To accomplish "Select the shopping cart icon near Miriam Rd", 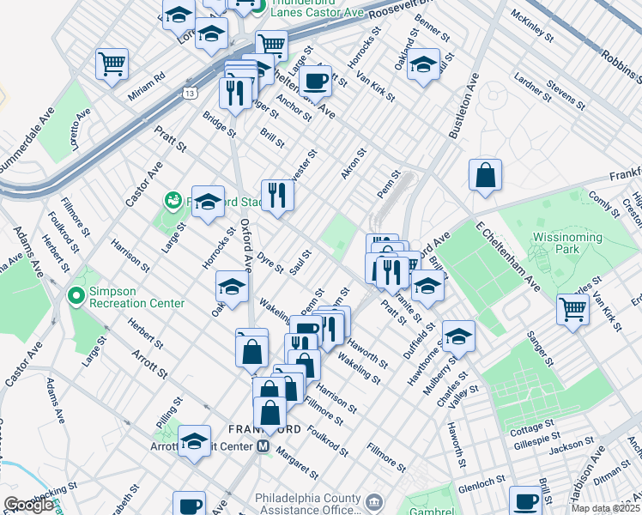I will [112, 64].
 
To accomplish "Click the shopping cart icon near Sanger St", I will [572, 308].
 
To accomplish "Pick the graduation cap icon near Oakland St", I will [423, 65].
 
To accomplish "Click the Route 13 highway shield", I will [190, 92].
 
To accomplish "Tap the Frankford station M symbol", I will [263, 446].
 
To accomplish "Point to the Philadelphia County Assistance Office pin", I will [374, 501].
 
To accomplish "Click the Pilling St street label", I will [169, 410].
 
